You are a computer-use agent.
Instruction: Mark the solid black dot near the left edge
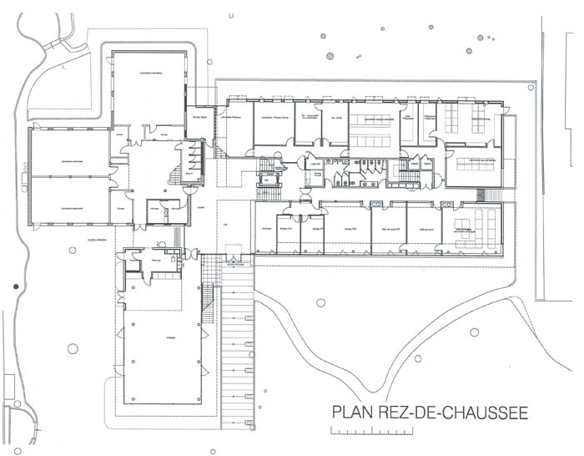click(x=16, y=286)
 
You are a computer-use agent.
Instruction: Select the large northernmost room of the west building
click(x=149, y=88)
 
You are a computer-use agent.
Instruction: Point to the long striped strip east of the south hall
click(x=237, y=342)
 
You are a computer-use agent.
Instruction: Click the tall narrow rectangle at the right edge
click(x=554, y=167)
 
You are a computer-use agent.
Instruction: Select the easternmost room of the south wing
click(x=471, y=227)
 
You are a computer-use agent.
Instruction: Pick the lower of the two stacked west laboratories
click(x=71, y=200)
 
